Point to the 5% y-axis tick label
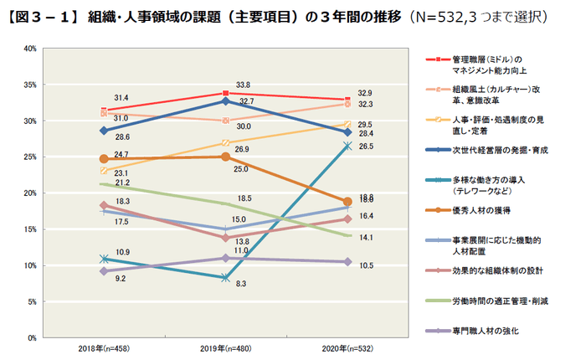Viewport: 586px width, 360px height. click(x=30, y=301)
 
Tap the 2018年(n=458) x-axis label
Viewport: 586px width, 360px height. click(x=105, y=346)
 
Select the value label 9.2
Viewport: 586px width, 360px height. click(x=121, y=279)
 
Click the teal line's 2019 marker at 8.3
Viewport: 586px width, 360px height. click(x=225, y=277)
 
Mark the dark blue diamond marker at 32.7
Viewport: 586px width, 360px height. click(x=225, y=100)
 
